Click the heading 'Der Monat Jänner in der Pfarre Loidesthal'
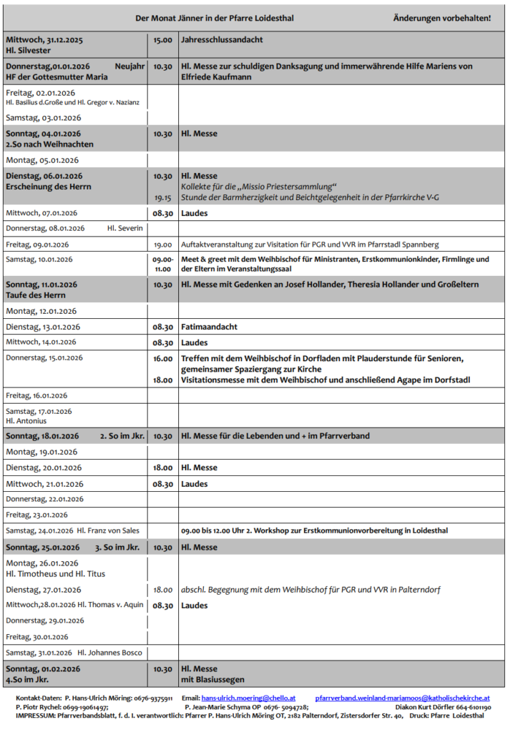[x=214, y=17]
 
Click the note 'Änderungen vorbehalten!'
[x=441, y=17]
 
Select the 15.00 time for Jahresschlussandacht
[x=162, y=40]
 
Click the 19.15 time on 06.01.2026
[x=162, y=197]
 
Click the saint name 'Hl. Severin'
[x=125, y=228]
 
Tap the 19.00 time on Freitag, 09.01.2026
[x=162, y=244]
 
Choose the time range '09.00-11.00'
[x=162, y=264]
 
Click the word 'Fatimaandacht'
[x=209, y=327]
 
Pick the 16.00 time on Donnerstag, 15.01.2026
[x=162, y=358]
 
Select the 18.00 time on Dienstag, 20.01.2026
[x=162, y=468]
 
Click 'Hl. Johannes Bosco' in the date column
[x=109, y=652]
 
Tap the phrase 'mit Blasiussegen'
[x=212, y=679]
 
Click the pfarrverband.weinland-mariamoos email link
[x=402, y=698]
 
